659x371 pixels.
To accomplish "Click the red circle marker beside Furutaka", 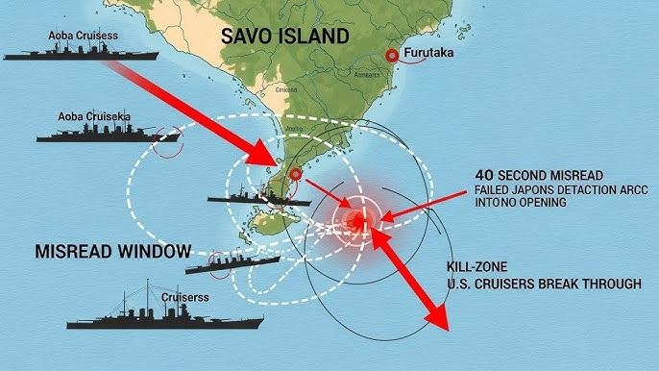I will coord(392,56).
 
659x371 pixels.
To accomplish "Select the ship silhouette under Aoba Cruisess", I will coord(81,53).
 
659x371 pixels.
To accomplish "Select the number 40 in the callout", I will coord(486,175).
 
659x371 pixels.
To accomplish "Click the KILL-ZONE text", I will coord(477,265).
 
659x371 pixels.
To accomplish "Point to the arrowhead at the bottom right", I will coord(437,317).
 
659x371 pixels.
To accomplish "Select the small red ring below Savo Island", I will coord(296,174).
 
